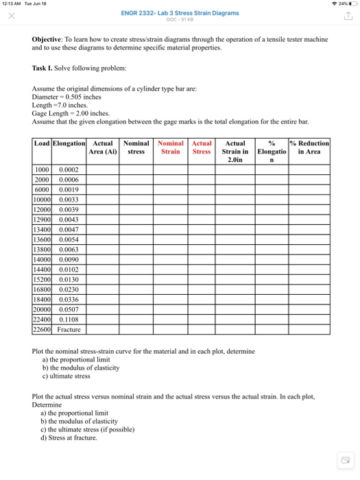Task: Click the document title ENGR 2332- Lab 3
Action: point(180,13)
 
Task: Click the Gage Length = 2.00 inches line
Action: point(71,113)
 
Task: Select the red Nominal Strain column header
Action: point(171,147)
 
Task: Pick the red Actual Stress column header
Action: point(202,147)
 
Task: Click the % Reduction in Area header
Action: point(310,147)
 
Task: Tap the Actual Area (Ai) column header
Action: point(103,147)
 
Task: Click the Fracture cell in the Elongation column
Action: point(69,329)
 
